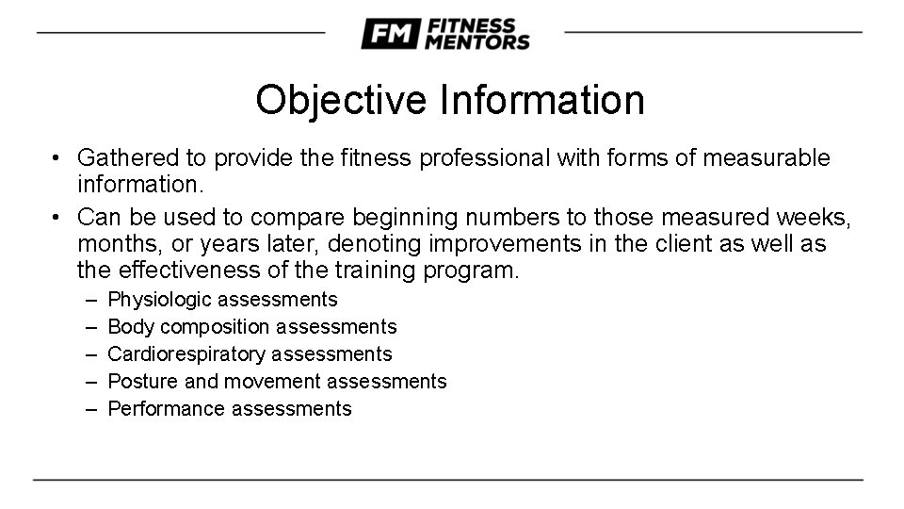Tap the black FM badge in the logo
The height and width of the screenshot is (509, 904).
tap(390, 34)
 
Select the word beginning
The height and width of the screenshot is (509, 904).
tap(386, 218)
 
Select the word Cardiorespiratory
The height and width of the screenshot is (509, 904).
tap(186, 354)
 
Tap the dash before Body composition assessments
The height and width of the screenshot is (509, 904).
tap(90, 327)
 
